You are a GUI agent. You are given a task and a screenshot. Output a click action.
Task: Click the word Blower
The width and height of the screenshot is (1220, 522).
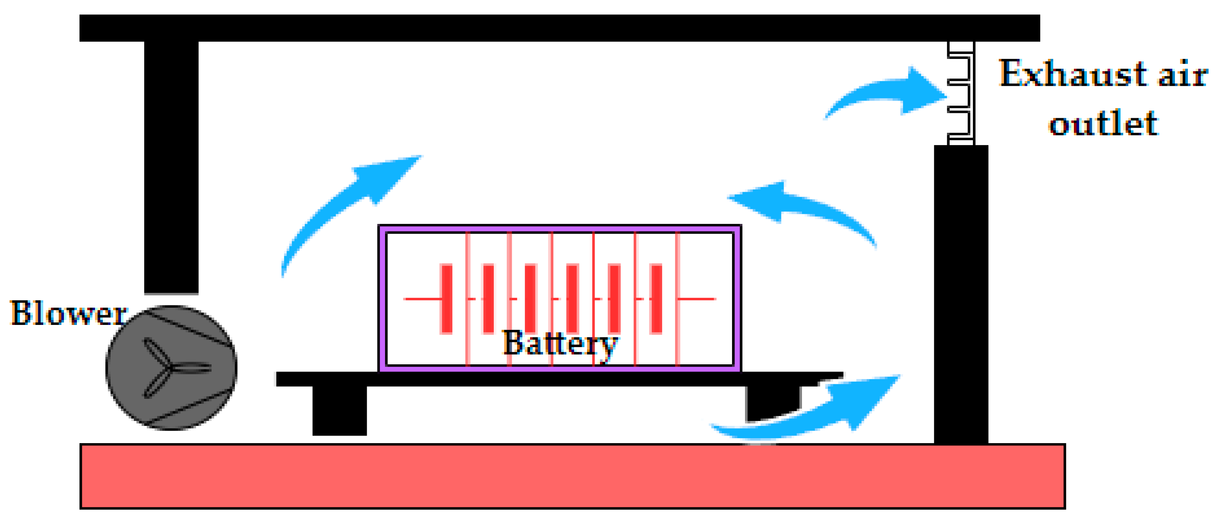pos(69,313)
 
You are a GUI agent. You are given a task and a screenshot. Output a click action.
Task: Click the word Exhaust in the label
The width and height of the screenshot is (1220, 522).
pos(1072,75)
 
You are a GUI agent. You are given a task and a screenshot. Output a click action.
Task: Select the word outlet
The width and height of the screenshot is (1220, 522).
pos(1103,123)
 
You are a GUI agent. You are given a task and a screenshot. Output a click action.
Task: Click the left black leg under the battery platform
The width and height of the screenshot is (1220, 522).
pos(339,410)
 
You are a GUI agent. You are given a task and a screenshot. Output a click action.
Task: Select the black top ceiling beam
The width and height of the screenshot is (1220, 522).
pos(559,28)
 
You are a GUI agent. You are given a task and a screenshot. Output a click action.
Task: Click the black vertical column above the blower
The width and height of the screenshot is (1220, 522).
pos(171,166)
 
